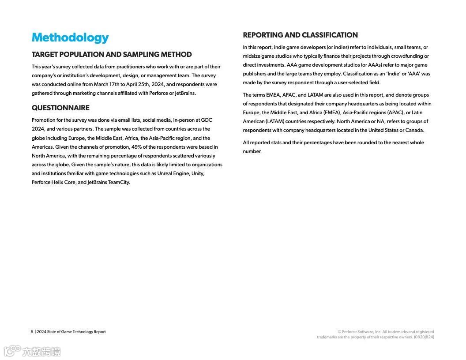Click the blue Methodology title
(70, 37)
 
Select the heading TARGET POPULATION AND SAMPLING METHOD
(112, 55)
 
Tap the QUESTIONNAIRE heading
(60, 108)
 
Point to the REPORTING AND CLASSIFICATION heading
(300, 35)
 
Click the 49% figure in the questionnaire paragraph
(136, 147)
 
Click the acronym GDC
(207, 120)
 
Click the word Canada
(415, 130)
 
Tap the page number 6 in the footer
(32, 332)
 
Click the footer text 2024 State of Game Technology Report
(71, 332)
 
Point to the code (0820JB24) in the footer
(424, 337)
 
